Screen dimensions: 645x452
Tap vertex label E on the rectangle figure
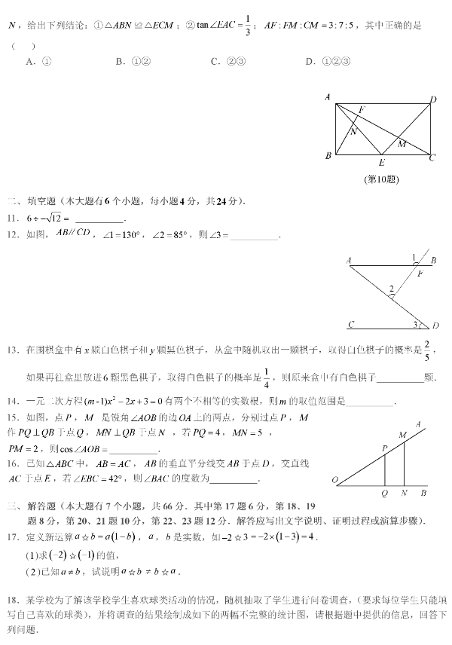pyautogui.click(x=381, y=162)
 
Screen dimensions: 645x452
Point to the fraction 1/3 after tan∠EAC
pyautogui.click(x=228, y=26)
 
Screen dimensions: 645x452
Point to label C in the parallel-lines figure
pyautogui.click(x=351, y=326)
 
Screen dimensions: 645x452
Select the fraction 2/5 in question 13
pyautogui.click(x=427, y=350)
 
